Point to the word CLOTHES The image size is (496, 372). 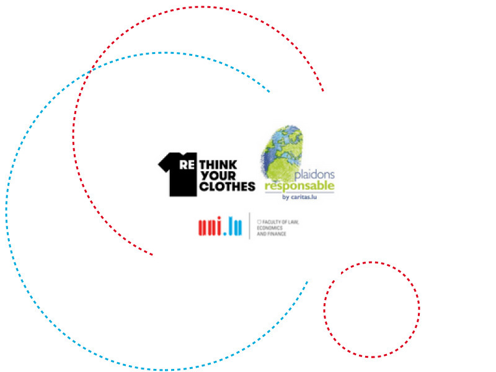pyautogui.click(x=227, y=186)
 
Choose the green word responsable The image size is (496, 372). pyautogui.click(x=300, y=185)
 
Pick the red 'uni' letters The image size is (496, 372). pyautogui.click(x=211, y=228)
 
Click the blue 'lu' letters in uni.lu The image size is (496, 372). pyautogui.click(x=236, y=227)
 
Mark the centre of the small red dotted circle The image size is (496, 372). pyautogui.click(x=371, y=309)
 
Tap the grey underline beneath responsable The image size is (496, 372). pyautogui.click(x=300, y=192)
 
